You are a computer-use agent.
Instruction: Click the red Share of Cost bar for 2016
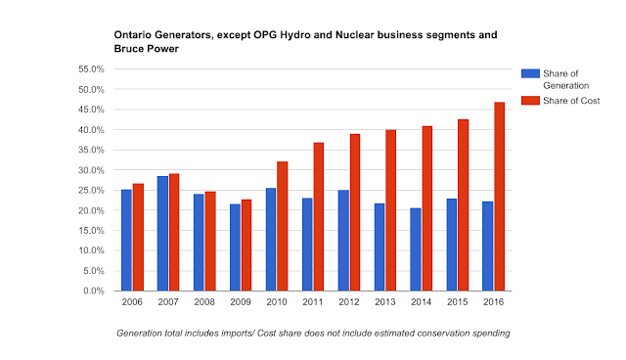tap(500, 197)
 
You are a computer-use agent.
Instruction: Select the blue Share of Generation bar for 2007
tap(163, 234)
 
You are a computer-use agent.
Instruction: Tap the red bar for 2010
tap(283, 226)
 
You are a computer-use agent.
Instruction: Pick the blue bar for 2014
tap(416, 249)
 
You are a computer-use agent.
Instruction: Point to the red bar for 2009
tap(246, 246)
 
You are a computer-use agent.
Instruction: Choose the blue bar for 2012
tap(343, 241)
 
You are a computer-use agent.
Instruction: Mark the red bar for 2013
tap(391, 210)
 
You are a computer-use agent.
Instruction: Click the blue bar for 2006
tap(126, 241)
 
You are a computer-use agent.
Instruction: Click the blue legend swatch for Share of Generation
tap(530, 73)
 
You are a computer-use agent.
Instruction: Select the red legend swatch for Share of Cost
tap(530, 101)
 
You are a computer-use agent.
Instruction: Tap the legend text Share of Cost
tap(571, 101)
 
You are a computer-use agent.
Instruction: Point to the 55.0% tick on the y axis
tap(91, 69)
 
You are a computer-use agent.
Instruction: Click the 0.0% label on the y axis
tap(94, 291)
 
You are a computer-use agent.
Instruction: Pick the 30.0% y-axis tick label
tap(91, 170)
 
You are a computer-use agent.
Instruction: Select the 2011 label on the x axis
tap(313, 302)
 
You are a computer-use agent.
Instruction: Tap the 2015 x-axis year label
tap(457, 302)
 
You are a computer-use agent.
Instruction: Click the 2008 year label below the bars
tap(204, 302)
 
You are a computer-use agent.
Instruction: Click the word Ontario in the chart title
tap(133, 34)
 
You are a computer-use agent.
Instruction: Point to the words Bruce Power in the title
tap(146, 49)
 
